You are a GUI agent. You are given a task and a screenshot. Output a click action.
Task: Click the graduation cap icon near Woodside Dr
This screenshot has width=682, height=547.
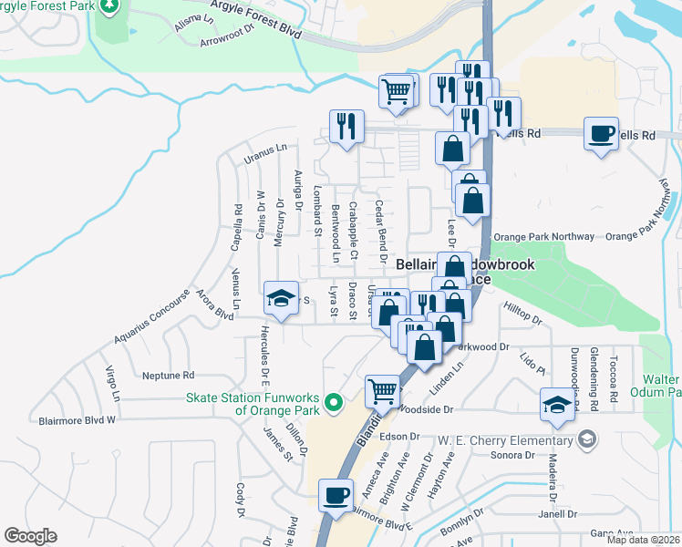point(558,405)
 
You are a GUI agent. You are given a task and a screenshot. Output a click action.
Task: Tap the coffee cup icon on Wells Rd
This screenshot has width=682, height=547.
point(602,133)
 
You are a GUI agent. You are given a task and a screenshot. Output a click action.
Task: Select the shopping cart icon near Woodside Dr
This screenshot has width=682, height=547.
point(383,391)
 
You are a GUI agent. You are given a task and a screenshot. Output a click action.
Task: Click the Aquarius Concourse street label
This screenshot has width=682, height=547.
point(152,323)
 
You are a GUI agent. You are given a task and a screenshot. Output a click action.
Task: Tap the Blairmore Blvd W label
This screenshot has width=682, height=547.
point(77,420)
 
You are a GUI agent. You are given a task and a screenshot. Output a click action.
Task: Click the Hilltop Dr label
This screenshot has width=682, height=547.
point(523,321)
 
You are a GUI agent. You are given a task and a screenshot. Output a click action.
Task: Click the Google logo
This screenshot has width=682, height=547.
point(30,536)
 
